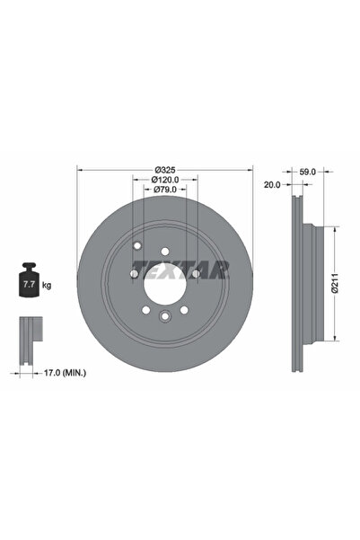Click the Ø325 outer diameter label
click(165, 170)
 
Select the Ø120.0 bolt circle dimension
click(165, 180)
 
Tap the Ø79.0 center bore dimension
click(165, 190)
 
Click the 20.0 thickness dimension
click(273, 184)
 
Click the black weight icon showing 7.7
click(28, 283)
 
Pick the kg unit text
click(47, 285)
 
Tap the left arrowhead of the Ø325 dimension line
click(80, 170)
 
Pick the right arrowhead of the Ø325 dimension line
click(252, 170)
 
